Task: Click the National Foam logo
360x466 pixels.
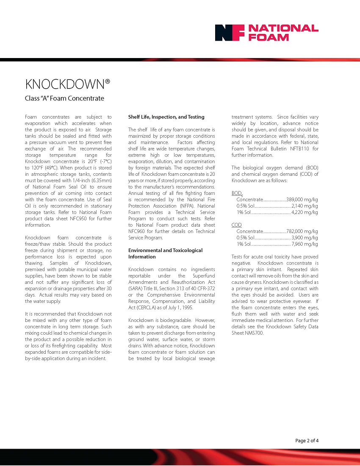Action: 266,33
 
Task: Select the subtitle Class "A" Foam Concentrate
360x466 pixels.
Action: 64,99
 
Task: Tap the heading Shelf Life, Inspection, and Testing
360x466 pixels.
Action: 166,117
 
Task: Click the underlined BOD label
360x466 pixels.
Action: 236,194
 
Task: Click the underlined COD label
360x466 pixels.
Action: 236,225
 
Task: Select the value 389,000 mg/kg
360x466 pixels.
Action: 302,200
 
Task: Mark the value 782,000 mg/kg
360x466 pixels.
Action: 302,231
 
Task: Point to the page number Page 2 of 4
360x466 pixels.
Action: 307,441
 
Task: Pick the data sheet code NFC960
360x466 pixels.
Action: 137,231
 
